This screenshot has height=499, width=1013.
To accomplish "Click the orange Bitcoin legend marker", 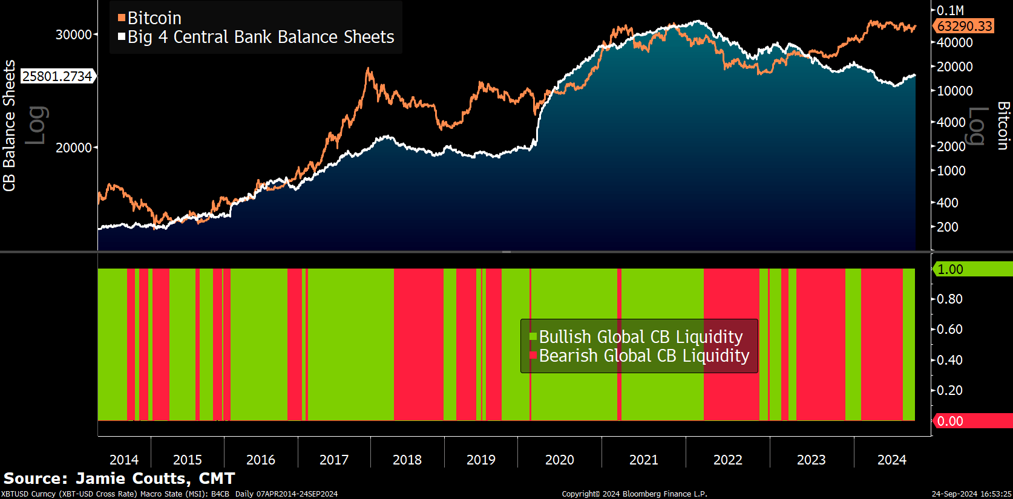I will tap(122, 18).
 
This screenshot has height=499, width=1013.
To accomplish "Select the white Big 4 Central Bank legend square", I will tap(122, 37).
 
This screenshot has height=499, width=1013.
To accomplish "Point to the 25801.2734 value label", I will tap(57, 76).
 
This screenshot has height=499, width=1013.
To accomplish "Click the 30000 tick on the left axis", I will tap(73, 34).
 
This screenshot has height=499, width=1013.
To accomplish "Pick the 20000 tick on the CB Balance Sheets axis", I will tap(73, 148).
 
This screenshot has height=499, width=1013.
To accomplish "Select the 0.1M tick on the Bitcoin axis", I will tap(950, 10).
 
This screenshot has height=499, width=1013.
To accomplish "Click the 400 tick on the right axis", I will tap(947, 203).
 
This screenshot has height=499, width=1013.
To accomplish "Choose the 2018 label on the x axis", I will tap(407, 460).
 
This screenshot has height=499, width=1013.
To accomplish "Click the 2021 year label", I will tap(643, 460).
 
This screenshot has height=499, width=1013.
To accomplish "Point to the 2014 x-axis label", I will tap(124, 460).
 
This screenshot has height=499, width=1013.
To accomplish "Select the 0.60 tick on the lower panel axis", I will tap(949, 329).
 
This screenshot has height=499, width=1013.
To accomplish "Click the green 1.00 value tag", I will tap(950, 269).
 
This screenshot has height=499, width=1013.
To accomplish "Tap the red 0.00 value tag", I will tap(950, 421).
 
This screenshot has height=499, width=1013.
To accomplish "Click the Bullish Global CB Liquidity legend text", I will tap(640, 336).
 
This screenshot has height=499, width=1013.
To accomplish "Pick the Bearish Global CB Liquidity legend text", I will tap(644, 356).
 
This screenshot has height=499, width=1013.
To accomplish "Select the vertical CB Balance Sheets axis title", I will tap(9, 125).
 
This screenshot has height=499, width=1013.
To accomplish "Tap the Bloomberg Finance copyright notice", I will tap(634, 494).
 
